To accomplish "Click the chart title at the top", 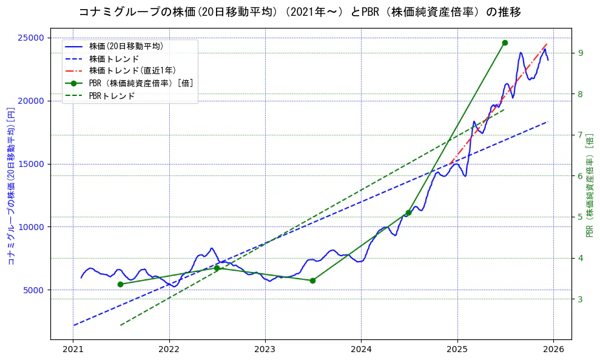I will pyautogui.click(x=300, y=12).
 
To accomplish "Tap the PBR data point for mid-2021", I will pyautogui.click(x=120, y=284).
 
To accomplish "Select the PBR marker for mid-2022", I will pyautogui.click(x=217, y=268).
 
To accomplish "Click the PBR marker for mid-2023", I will pyautogui.click(x=312, y=280).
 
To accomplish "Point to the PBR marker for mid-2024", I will pyautogui.click(x=408, y=212).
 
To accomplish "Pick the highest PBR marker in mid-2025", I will pyautogui.click(x=505, y=42).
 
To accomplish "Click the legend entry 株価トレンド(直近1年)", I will pyautogui.click(x=132, y=70).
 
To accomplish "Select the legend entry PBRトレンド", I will pyautogui.click(x=112, y=96).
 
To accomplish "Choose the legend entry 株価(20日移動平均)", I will pyautogui.click(x=126, y=46).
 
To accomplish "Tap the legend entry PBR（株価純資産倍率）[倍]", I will pyautogui.click(x=141, y=83).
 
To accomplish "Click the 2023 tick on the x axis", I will pyautogui.click(x=265, y=349).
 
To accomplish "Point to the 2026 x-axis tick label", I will pyautogui.click(x=553, y=349).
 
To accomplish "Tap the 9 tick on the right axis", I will pyautogui.click(x=580, y=53).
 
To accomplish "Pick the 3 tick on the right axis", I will pyautogui.click(x=580, y=299).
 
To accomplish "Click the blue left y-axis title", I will pyautogui.click(x=10, y=186).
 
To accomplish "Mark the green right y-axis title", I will pyautogui.click(x=589, y=186).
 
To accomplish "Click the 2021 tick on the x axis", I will pyautogui.click(x=73, y=349).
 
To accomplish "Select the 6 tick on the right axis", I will pyautogui.click(x=580, y=176).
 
